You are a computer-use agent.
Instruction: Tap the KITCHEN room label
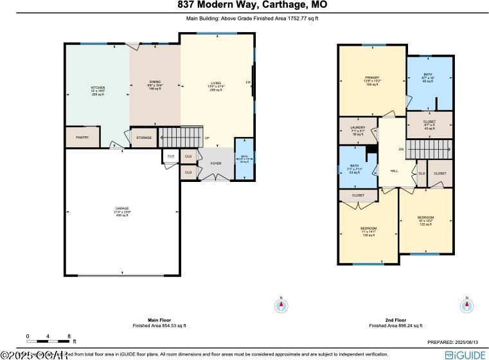(98, 87)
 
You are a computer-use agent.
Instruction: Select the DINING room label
(155, 82)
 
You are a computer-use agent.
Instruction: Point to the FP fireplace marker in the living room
(248, 83)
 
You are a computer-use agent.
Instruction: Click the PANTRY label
(82, 137)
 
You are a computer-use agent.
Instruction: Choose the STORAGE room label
(143, 137)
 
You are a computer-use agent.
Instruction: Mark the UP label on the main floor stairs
(206, 138)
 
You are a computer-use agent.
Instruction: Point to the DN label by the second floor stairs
(401, 150)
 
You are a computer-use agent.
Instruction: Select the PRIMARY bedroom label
(372, 78)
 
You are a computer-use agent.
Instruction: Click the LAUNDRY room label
(359, 127)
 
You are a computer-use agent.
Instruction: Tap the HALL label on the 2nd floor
(395, 171)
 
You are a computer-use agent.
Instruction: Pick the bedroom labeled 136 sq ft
(368, 229)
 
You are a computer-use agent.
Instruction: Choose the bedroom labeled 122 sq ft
(425, 217)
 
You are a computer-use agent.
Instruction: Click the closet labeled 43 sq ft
(429, 122)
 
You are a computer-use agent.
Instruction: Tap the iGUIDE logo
(465, 354)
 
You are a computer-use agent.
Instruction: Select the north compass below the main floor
(280, 305)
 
